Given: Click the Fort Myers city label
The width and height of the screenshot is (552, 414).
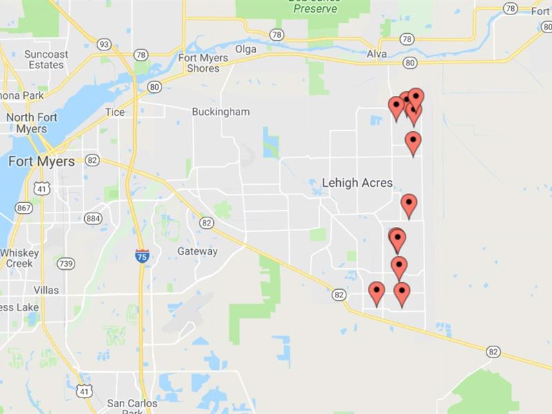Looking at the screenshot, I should (41, 161).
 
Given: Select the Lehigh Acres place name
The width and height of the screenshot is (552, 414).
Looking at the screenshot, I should (357, 183).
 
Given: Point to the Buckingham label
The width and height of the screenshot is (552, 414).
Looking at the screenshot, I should (221, 112).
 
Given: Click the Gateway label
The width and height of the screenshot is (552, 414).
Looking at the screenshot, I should (197, 251).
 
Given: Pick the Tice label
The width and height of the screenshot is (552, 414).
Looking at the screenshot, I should (115, 112).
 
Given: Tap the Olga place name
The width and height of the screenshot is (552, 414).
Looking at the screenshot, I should (246, 50).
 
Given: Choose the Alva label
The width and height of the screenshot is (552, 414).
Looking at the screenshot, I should (377, 55).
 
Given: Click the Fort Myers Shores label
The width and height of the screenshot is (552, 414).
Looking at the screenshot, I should (203, 63).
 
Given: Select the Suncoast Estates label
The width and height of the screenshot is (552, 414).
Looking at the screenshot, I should (46, 59).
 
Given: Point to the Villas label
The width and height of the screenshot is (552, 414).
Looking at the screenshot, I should (46, 290).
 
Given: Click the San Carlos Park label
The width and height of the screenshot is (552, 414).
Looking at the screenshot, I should (132, 408).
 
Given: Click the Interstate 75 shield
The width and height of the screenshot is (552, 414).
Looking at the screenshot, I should (141, 256).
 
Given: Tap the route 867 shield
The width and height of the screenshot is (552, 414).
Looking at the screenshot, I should (24, 207).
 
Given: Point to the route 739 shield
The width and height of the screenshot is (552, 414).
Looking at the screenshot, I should (66, 264).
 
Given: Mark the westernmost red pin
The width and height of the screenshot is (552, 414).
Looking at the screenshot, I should (376, 293).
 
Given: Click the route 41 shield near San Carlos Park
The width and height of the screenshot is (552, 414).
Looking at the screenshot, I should (83, 390).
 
